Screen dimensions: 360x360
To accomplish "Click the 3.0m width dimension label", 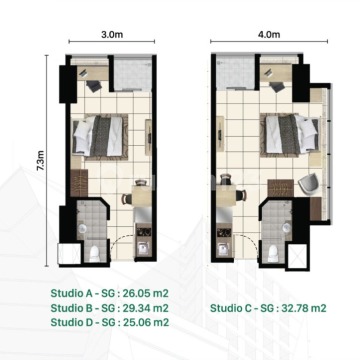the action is click(112, 35).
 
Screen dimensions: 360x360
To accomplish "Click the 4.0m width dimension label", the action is click(269, 34).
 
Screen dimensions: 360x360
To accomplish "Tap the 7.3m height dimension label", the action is click(41, 161).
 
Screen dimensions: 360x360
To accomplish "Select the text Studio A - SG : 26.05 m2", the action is click(110, 293).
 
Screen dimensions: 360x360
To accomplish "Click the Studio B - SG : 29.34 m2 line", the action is click(110, 308).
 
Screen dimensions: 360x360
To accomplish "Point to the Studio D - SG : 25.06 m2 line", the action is click(110, 322).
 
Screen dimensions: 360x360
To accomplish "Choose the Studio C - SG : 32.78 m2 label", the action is click(268, 308).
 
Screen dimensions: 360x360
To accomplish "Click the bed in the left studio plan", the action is click(99, 136).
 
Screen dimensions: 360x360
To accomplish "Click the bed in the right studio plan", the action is click(290, 134).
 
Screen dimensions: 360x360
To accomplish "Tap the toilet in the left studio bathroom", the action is click(95, 253).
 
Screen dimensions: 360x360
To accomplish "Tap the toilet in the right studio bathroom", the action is click(273, 253).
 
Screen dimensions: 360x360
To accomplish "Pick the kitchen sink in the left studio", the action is click(143, 248).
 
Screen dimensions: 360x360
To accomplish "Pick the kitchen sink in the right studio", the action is click(223, 248).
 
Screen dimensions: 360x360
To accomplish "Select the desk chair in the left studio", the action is click(94, 86).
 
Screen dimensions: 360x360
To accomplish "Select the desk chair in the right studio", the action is click(277, 87).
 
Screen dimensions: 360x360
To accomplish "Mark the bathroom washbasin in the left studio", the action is click(82, 228).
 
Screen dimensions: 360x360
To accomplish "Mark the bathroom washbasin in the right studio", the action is click(286, 228).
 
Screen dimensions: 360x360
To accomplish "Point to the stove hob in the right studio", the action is click(223, 232).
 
